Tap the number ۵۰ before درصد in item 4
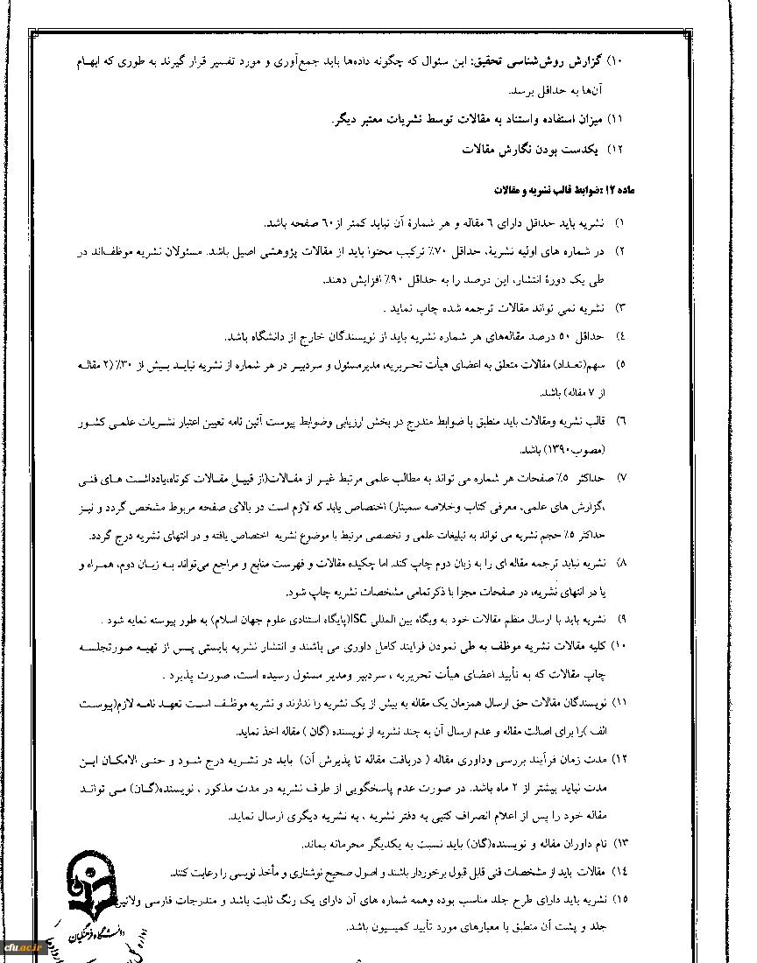pos(564,336)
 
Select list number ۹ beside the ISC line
pos(623,619)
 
